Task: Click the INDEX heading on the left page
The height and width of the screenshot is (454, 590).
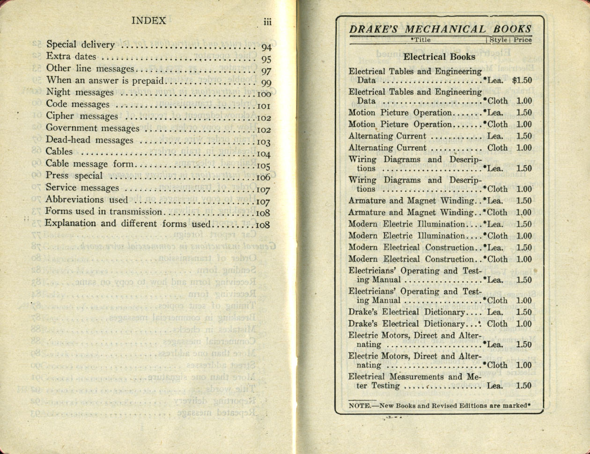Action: coord(148,21)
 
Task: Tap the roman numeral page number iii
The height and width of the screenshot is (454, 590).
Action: coord(267,22)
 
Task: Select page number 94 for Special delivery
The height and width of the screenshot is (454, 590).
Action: coord(266,47)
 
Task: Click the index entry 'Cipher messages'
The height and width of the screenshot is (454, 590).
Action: coord(82,117)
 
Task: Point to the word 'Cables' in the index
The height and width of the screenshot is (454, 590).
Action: coord(59,152)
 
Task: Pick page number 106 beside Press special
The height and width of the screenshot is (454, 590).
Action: coord(263,177)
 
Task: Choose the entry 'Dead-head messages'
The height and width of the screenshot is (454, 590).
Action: coord(89,140)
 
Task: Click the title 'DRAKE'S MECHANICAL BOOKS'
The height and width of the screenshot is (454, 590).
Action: coord(440,29)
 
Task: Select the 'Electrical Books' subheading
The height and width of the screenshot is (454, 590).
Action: coord(439,57)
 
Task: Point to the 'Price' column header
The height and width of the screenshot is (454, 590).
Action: coord(522,40)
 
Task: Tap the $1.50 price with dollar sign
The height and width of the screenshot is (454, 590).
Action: coord(522,81)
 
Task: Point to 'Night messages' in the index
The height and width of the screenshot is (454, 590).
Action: coord(80,93)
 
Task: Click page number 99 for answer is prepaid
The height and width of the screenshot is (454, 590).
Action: coord(266,83)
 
